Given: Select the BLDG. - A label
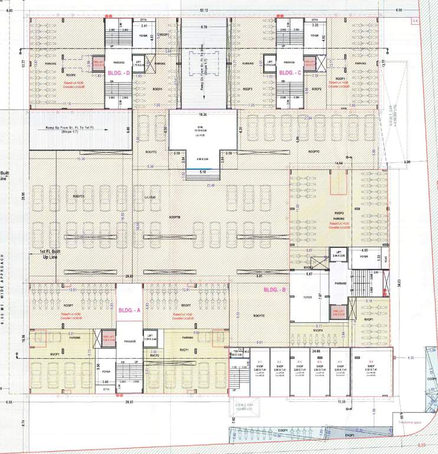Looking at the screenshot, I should point(129,309).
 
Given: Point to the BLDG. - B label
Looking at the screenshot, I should point(274,290).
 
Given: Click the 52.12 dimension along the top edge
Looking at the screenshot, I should point(204,11).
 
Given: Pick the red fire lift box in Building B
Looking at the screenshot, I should point(339,313).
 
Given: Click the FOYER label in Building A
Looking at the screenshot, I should point(106,372).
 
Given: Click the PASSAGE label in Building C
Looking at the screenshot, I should point(289,62).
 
